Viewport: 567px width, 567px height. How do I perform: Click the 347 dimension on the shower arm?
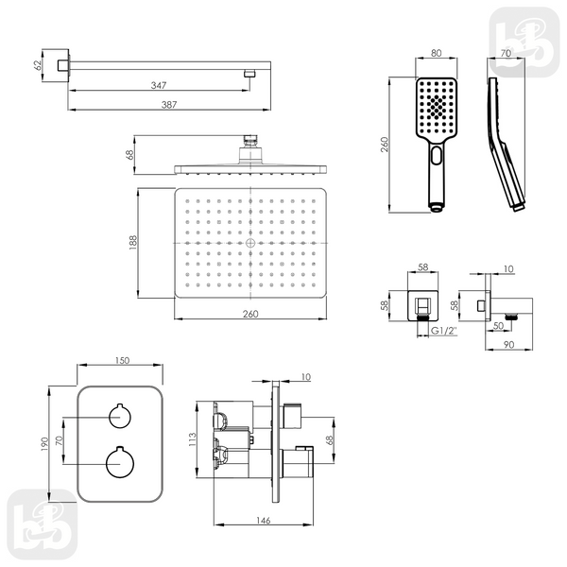[159, 85]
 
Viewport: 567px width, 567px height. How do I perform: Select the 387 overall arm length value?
[169, 105]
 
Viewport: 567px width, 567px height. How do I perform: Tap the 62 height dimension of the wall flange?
[38, 65]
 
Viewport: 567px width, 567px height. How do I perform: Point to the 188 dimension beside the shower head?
[132, 242]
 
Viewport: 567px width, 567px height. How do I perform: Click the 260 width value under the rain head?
[250, 314]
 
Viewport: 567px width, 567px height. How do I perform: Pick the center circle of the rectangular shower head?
[250, 243]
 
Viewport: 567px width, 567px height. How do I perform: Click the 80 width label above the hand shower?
[437, 53]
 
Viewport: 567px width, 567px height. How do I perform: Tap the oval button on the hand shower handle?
[437, 156]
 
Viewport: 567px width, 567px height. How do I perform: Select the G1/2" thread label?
[444, 331]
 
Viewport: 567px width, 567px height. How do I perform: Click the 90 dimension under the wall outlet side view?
[508, 345]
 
